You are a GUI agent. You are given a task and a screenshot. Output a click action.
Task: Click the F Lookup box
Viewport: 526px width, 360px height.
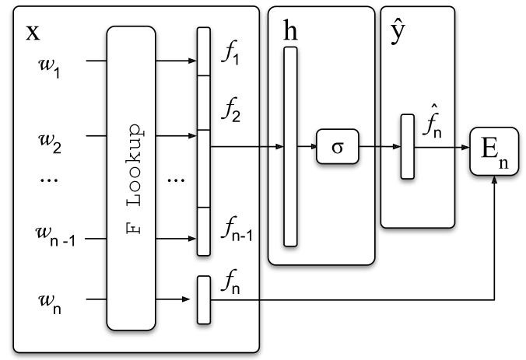point(135,177)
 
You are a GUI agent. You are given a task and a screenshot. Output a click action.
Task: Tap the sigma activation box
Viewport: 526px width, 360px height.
point(339,146)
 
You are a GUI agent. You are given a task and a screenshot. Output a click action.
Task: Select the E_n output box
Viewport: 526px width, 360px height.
point(493,152)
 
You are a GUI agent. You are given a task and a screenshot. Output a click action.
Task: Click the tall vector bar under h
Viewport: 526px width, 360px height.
point(290,146)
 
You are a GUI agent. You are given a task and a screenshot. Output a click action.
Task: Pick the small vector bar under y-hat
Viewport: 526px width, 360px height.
point(407,146)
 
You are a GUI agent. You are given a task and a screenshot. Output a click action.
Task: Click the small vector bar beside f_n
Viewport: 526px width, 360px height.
point(204,299)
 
